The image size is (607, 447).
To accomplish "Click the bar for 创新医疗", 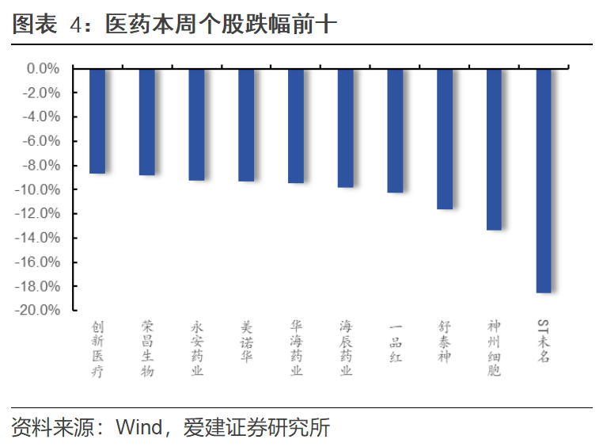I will [x=97, y=120].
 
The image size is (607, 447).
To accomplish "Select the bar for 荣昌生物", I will [x=147, y=121].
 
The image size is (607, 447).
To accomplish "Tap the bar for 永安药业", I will [x=197, y=124].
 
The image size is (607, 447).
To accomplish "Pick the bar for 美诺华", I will [x=246, y=124].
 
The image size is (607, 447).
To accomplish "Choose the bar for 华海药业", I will [x=296, y=125].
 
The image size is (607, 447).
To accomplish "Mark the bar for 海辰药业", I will [x=346, y=128].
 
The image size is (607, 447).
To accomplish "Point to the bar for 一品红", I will [x=395, y=130].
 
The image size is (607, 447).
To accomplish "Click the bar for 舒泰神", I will [x=445, y=139].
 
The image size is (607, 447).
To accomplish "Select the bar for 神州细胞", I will [x=494, y=149].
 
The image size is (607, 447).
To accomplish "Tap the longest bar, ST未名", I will [x=544, y=181].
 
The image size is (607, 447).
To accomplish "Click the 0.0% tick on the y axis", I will [x=43, y=69].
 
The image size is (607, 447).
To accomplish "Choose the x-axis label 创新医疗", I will [x=97, y=349].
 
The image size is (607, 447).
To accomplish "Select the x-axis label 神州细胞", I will [x=494, y=349].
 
